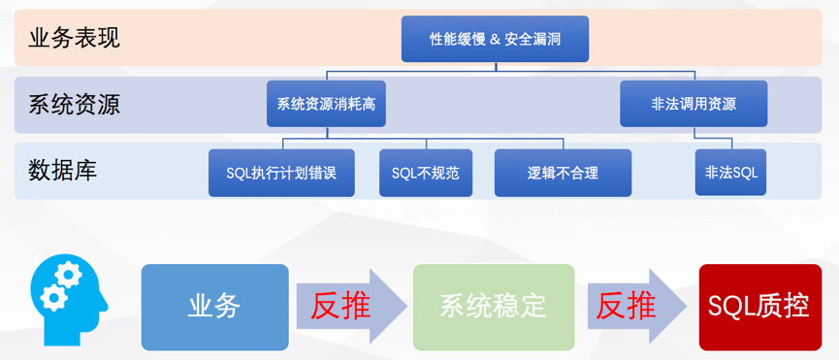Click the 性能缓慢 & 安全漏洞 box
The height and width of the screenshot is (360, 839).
coord(495,40)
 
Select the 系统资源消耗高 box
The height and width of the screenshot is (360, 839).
coord(326,104)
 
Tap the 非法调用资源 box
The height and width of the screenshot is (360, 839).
coord(694,104)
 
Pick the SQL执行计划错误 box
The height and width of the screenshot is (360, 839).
coord(281,173)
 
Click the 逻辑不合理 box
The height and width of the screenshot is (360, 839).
coord(563,173)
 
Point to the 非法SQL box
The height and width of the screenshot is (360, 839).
coord(731,173)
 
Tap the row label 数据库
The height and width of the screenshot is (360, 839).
coord(63,171)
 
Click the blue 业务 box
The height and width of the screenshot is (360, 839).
coord(214,307)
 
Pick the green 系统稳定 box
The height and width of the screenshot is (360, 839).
coord(493,307)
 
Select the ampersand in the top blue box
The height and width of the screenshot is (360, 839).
coord(495,40)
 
